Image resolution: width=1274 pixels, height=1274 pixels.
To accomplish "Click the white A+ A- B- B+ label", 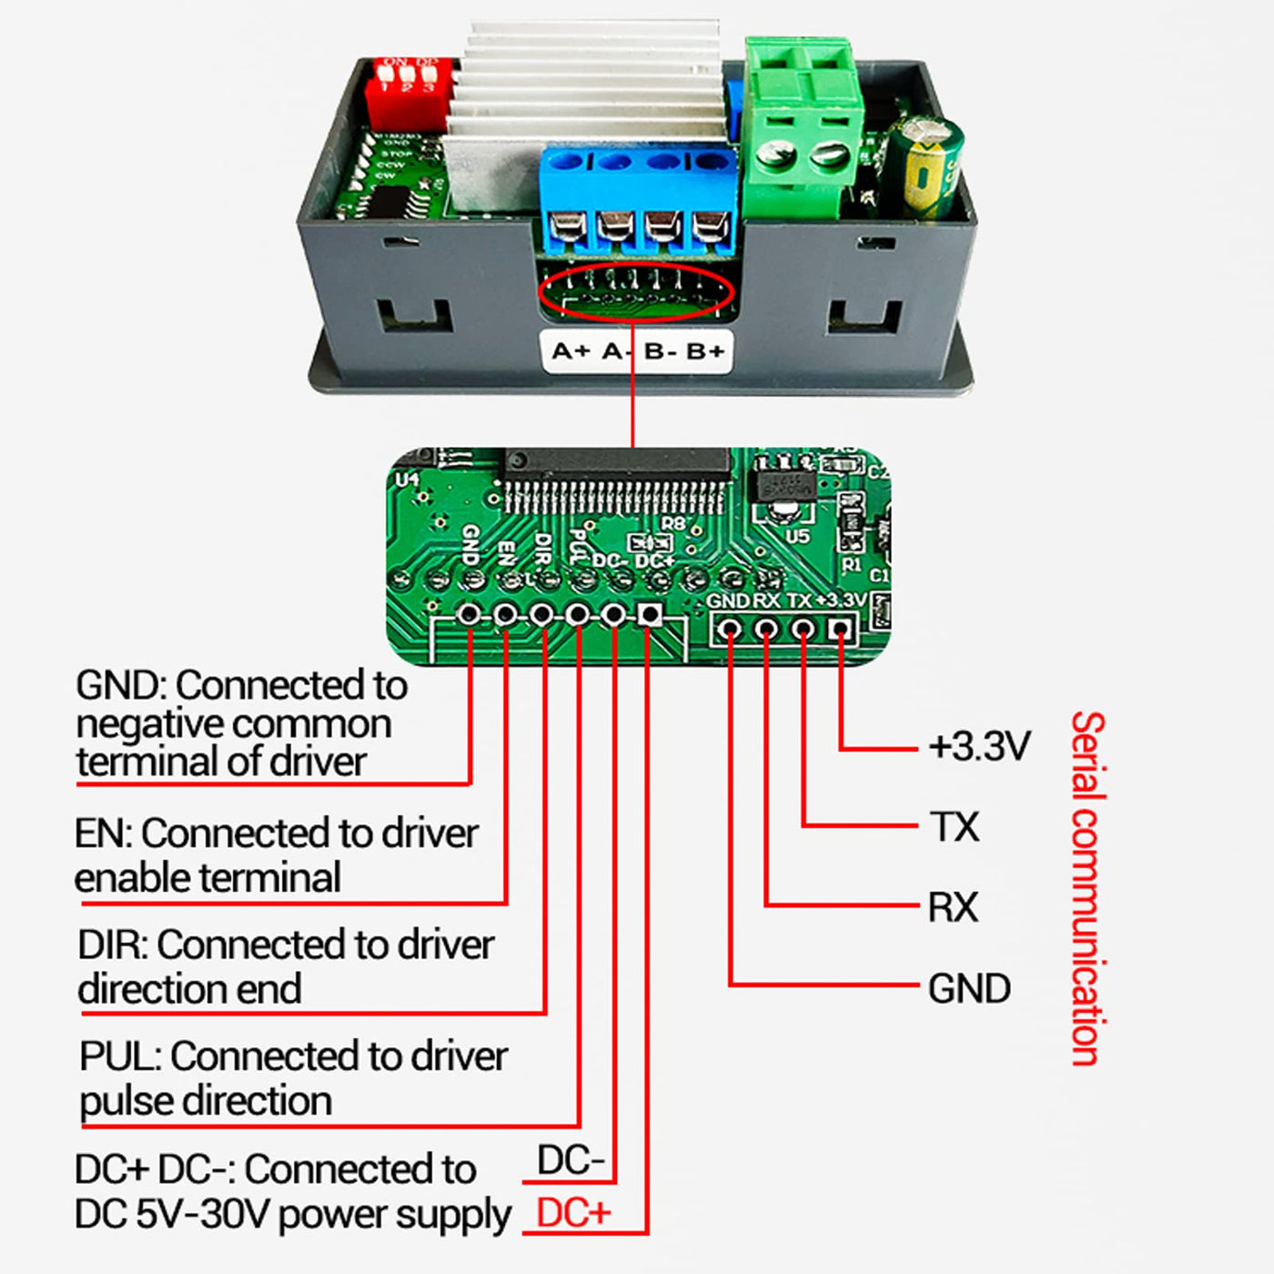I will tap(637, 351).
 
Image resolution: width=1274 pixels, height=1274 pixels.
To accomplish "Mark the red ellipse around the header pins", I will tap(635, 292).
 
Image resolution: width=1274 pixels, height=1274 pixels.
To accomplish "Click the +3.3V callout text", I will tap(979, 747).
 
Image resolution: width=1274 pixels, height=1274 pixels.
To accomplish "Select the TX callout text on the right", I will tap(955, 827).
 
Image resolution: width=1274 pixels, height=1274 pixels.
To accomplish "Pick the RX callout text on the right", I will tap(953, 907).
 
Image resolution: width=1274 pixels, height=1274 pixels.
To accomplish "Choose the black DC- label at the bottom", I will tap(571, 1161).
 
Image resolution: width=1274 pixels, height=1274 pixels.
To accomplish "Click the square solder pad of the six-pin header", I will tap(649, 616).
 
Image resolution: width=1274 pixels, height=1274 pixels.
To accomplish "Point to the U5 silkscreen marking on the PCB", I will tap(797, 537).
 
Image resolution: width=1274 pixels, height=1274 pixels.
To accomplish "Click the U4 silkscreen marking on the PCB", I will tap(407, 479).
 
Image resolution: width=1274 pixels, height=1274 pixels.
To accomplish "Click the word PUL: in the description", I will tap(119, 1057).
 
